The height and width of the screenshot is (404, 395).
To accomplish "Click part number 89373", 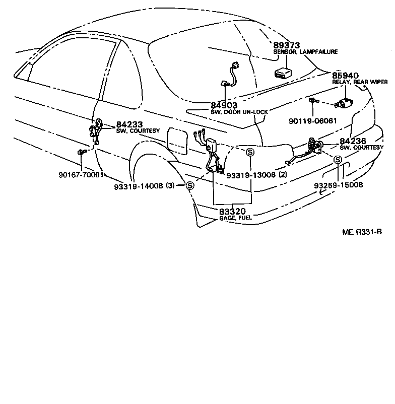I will click(287, 45).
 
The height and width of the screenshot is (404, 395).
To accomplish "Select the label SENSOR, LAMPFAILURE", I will click(305, 52).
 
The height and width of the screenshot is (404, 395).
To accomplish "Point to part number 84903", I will click(224, 104).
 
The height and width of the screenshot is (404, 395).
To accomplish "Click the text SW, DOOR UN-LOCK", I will click(239, 111).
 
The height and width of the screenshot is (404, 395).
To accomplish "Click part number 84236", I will click(353, 142).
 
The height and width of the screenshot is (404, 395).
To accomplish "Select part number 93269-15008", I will click(338, 185).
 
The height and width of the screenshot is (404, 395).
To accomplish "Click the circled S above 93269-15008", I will click(338, 161).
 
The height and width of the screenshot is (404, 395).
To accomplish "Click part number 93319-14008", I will click(138, 185).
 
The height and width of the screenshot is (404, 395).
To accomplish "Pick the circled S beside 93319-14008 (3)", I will click(190, 185).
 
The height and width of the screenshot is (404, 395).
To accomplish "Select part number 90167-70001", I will click(80, 175).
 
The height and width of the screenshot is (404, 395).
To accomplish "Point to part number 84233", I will click(129, 124).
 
